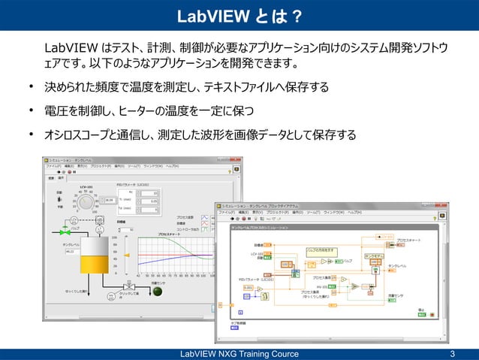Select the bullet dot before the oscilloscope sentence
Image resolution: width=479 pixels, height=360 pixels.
click(x=32, y=135)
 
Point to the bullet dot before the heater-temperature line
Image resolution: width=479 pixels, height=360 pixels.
click(x=32, y=111)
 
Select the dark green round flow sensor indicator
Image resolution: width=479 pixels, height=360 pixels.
click(x=157, y=290)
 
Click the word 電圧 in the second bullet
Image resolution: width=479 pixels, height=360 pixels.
click(x=54, y=111)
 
